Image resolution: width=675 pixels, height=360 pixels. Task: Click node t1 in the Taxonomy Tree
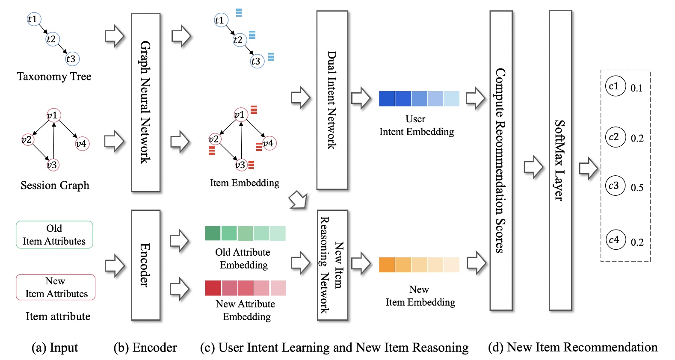pyautogui.click(x=33, y=19)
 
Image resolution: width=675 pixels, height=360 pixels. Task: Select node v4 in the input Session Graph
pyautogui.click(x=81, y=144)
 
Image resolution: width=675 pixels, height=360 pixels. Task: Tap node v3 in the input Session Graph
pyautogui.click(x=52, y=165)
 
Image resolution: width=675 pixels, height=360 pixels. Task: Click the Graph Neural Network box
pyautogui.click(x=145, y=102)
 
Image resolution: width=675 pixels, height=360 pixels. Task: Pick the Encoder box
pyautogui.click(x=145, y=265)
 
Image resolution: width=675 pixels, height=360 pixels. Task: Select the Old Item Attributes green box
pyautogui.click(x=54, y=235)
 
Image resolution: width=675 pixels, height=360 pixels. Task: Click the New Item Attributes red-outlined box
pyautogui.click(x=56, y=287)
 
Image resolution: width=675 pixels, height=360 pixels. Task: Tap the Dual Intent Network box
pyautogui.click(x=332, y=100)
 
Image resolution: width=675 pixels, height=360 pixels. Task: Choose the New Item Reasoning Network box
pyautogui.click(x=332, y=265)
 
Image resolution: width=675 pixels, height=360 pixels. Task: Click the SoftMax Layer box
pyautogui.click(x=560, y=160)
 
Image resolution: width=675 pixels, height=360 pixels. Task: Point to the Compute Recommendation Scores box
pyautogui.click(x=500, y=160)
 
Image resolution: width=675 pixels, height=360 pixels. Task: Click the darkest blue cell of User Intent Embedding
pyautogui.click(x=387, y=99)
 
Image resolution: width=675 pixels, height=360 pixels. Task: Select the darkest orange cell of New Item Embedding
pyautogui.click(x=387, y=265)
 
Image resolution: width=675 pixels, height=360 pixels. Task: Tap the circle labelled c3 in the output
pyautogui.click(x=615, y=186)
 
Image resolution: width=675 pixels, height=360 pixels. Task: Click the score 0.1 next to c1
pyautogui.click(x=637, y=88)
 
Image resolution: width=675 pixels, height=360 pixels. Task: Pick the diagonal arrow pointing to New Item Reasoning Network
pyautogui.click(x=299, y=200)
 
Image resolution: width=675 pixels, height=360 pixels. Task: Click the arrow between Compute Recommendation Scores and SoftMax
pyautogui.click(x=533, y=167)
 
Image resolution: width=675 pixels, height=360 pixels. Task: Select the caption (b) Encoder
pyautogui.click(x=145, y=348)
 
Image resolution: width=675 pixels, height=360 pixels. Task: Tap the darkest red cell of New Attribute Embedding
pyautogui.click(x=213, y=288)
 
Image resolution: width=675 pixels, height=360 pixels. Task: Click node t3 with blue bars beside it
pyautogui.click(x=257, y=61)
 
